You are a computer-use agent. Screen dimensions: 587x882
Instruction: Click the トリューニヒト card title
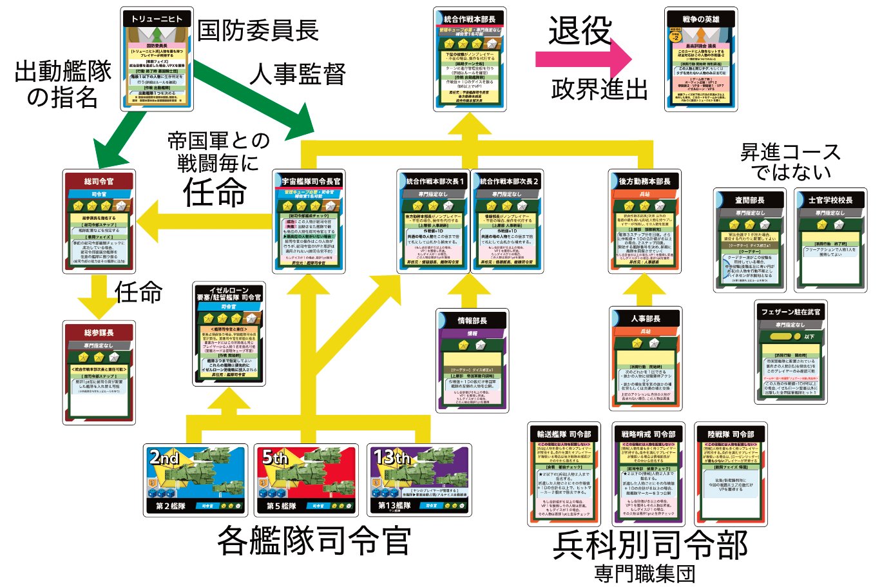(x=157, y=19)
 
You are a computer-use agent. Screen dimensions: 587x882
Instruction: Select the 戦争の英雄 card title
(x=701, y=19)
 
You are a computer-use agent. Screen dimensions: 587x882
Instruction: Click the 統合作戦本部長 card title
(x=470, y=19)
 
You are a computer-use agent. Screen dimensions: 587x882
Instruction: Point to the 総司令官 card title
(x=99, y=182)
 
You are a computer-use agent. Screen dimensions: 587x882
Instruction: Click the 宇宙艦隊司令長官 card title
(x=311, y=182)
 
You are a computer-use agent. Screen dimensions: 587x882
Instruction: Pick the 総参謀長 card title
(x=99, y=332)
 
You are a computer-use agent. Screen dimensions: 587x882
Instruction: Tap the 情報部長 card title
(x=472, y=320)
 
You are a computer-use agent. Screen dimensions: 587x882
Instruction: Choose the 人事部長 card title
(x=646, y=318)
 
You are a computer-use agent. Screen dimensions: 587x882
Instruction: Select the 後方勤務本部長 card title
(x=645, y=182)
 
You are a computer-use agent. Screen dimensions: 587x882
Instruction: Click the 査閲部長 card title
(x=749, y=200)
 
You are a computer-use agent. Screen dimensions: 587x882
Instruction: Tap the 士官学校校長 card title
(x=830, y=200)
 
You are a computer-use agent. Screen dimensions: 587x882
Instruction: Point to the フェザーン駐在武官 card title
(x=791, y=312)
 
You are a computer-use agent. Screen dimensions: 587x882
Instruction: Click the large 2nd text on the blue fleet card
(x=164, y=458)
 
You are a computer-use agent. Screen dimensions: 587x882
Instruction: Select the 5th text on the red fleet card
(x=275, y=458)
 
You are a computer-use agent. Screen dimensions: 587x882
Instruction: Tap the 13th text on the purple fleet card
(x=392, y=457)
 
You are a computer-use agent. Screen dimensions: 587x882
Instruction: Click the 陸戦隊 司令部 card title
(x=731, y=434)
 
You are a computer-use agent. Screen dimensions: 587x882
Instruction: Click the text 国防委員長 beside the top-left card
(x=258, y=30)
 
